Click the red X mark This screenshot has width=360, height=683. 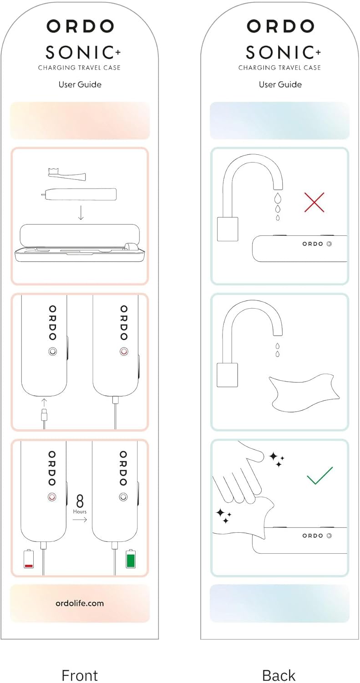click(x=314, y=202)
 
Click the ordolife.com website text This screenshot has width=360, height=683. click(x=80, y=603)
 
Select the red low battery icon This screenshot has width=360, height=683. click(x=29, y=559)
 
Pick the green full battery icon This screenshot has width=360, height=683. click(x=131, y=559)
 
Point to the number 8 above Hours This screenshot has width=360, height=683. click(x=80, y=501)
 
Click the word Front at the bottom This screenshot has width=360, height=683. click(x=80, y=675)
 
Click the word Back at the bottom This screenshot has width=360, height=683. click(x=279, y=675)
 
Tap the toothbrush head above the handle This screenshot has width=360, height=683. click(x=67, y=173)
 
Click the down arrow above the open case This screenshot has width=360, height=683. click(x=81, y=213)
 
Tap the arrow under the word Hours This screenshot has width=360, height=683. click(x=80, y=520)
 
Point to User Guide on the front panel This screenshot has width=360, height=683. click(x=80, y=84)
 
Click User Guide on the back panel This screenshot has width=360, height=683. click(x=280, y=84)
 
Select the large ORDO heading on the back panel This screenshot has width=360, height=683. click(x=280, y=26)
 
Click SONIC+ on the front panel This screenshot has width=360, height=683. click(x=83, y=52)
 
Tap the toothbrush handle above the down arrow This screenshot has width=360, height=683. click(x=79, y=194)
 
